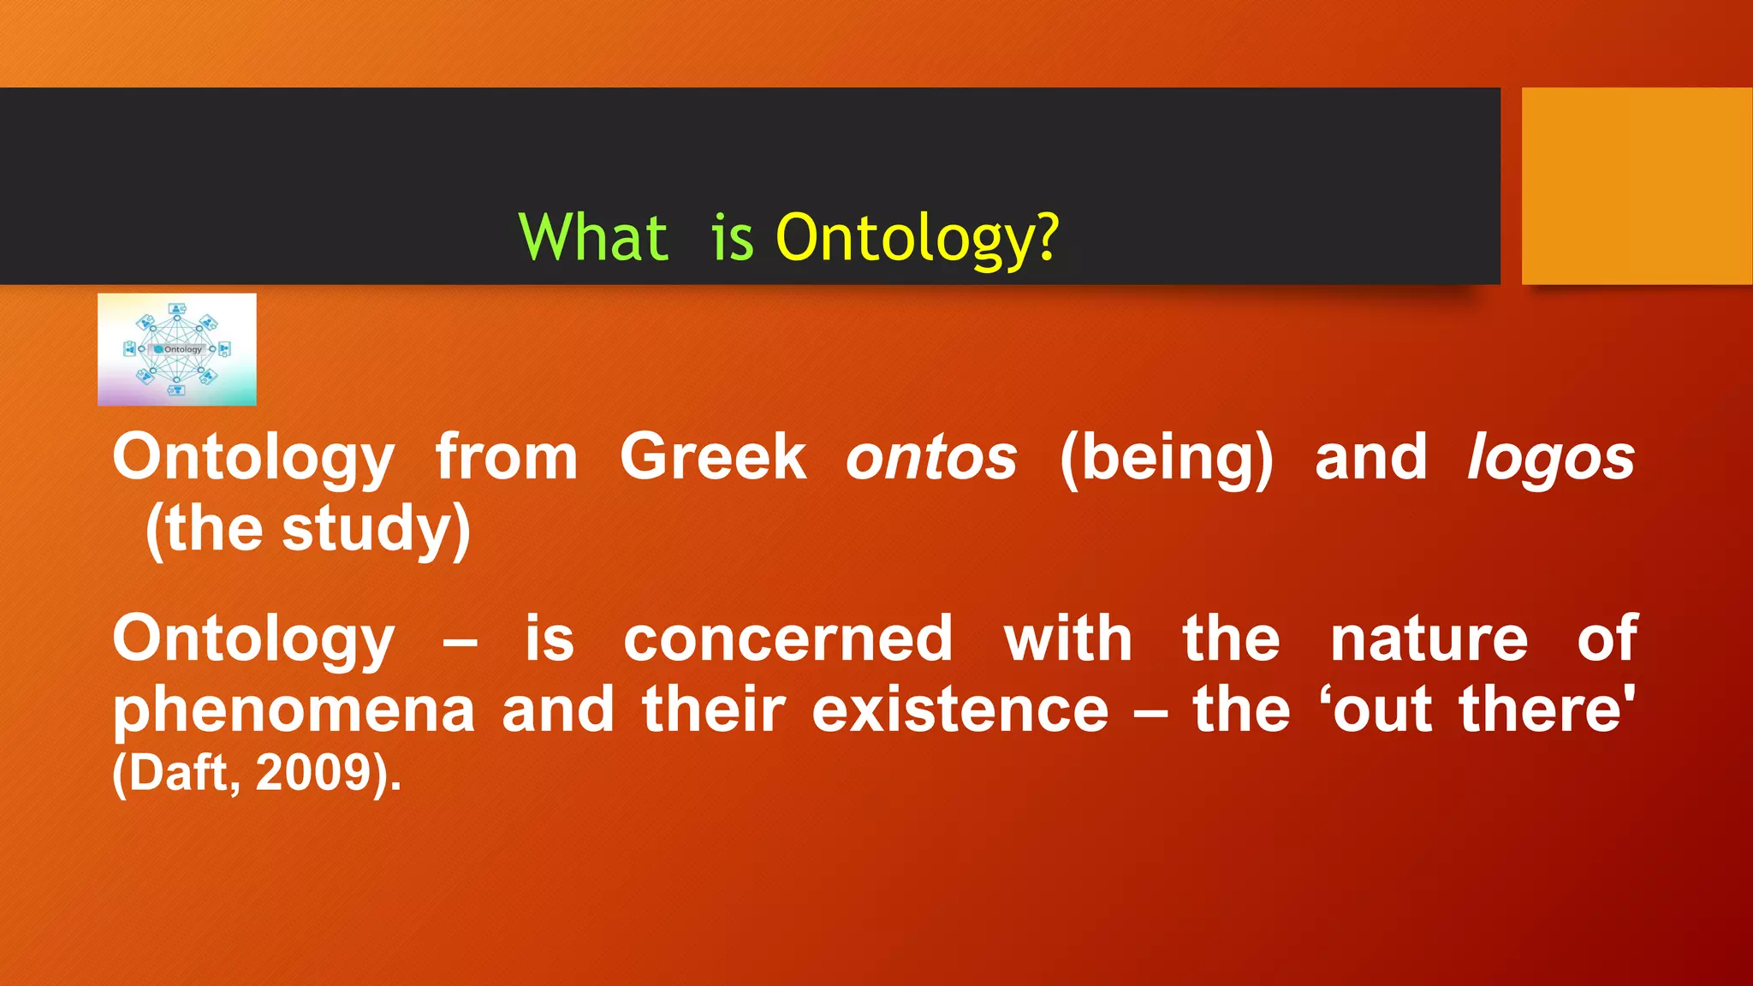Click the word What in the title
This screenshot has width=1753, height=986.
click(x=593, y=238)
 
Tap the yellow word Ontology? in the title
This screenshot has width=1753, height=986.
click(x=917, y=238)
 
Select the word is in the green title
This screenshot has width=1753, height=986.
click(x=732, y=238)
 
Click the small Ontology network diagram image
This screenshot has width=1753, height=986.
click(x=176, y=349)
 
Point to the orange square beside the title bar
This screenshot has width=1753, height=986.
click(x=1636, y=186)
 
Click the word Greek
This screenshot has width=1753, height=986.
click(x=712, y=457)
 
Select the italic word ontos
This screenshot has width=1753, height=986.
click(x=931, y=459)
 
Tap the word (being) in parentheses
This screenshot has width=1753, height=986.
click(x=1167, y=459)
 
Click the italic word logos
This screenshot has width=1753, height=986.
click(x=1550, y=459)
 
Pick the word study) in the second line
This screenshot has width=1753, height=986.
click(x=377, y=530)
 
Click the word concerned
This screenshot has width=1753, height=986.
click(x=787, y=639)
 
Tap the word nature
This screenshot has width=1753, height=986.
click(x=1429, y=640)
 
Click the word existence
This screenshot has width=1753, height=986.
click(x=960, y=710)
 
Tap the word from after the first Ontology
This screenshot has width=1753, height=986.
click(x=507, y=457)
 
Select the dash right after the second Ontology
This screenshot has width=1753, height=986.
click(x=461, y=642)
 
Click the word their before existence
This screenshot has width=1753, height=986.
click(x=713, y=710)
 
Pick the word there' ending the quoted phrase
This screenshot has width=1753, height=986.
click(x=1547, y=710)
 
